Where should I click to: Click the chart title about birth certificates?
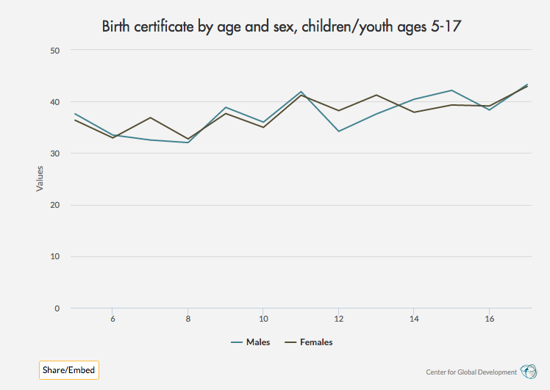285,27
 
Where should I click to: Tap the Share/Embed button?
68,370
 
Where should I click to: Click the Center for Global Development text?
471,372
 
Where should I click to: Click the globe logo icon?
528,371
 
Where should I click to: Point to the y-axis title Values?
40,178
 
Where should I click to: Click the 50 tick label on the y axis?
54,50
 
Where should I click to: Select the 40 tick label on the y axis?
54,102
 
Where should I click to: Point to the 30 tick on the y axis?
54,154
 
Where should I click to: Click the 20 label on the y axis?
54,205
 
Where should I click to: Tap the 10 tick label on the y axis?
54,257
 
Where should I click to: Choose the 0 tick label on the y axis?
57,308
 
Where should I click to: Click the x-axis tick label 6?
113,319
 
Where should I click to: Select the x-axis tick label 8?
188,319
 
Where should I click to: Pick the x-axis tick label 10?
263,319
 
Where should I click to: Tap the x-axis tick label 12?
338,319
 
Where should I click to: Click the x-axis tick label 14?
414,319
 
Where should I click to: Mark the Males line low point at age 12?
338,131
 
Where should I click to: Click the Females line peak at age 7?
150,118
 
